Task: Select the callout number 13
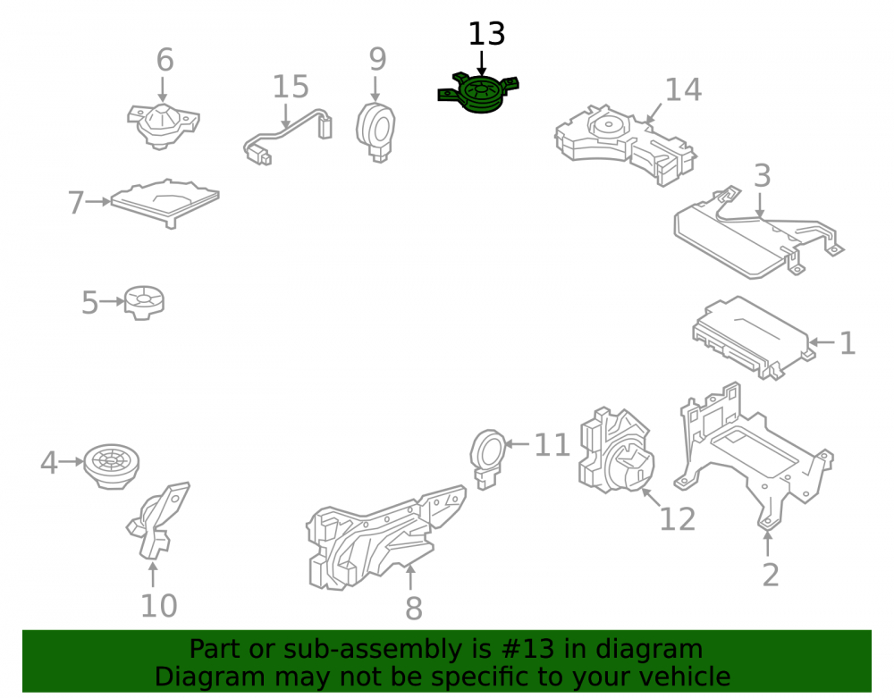point(486,34)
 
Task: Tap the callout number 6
point(164,60)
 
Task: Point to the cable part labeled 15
point(288,137)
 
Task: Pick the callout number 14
point(683,89)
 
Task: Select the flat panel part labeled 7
point(164,202)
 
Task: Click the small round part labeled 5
point(145,302)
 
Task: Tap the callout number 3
point(763,175)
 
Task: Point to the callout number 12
point(678,519)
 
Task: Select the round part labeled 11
point(488,458)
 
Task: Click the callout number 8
point(414,609)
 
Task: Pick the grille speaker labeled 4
point(112,466)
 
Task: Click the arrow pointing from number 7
point(98,201)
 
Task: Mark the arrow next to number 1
point(822,342)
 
